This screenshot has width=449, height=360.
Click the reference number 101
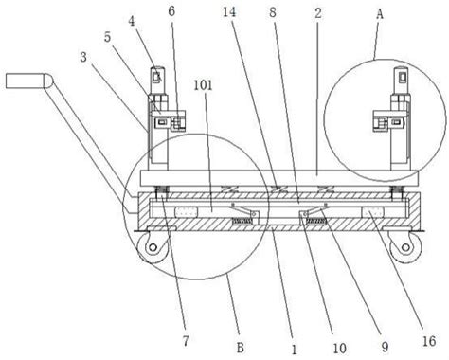tap(203, 85)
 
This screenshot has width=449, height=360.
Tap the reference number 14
tap(229, 12)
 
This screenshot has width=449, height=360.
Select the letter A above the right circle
tap(380, 14)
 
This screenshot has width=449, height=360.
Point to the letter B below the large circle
tap(241, 348)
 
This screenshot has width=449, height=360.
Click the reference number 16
tap(429, 341)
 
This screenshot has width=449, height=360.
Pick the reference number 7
tap(186, 341)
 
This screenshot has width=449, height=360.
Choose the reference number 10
tap(339, 349)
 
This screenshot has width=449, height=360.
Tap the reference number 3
tap(83, 57)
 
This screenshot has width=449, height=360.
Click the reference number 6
tap(171, 11)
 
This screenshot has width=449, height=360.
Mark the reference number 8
tap(273, 12)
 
